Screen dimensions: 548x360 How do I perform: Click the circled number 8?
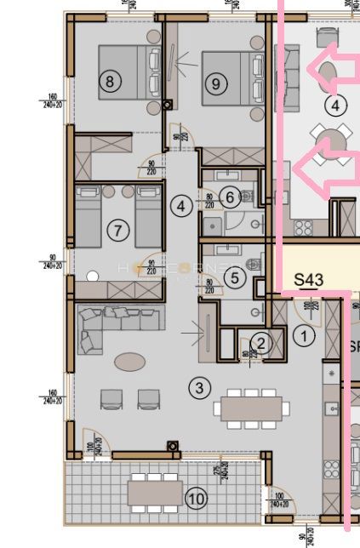[x=109, y=83]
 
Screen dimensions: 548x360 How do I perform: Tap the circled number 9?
[x=216, y=83]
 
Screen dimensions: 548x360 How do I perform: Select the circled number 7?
[x=118, y=230]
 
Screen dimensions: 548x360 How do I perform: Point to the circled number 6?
[x=228, y=197]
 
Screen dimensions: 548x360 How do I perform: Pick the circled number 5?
[x=237, y=277]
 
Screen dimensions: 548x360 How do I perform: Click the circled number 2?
[x=262, y=343]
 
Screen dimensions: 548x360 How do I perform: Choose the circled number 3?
[x=199, y=389]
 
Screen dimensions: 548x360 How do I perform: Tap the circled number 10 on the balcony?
[x=196, y=499]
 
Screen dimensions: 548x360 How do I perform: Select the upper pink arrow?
[x=331, y=70]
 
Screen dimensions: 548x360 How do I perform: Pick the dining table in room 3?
[x=248, y=408]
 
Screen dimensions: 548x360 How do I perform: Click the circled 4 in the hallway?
[x=180, y=206]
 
